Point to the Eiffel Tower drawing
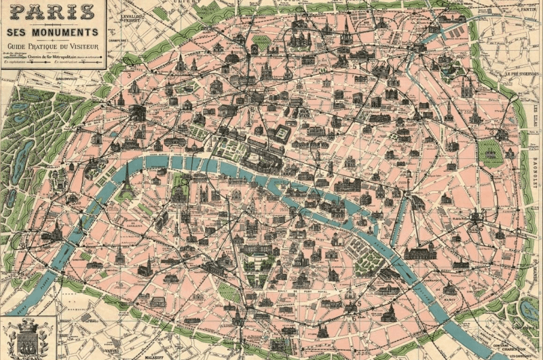126,180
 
